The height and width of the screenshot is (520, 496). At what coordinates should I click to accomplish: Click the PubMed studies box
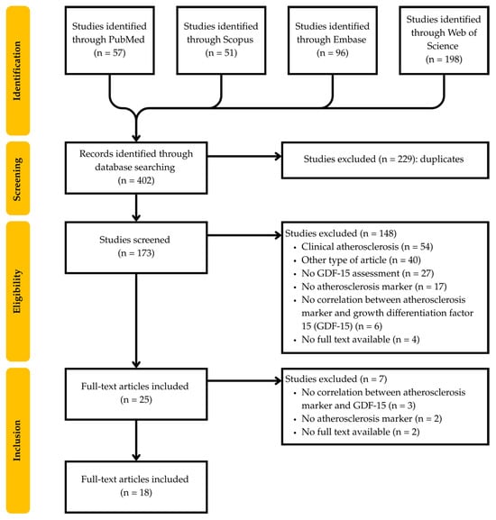pyautogui.click(x=109, y=37)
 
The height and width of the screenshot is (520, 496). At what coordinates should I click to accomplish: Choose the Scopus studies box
pyautogui.click(x=219, y=37)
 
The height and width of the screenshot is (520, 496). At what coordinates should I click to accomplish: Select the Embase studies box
pyautogui.click(x=330, y=37)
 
